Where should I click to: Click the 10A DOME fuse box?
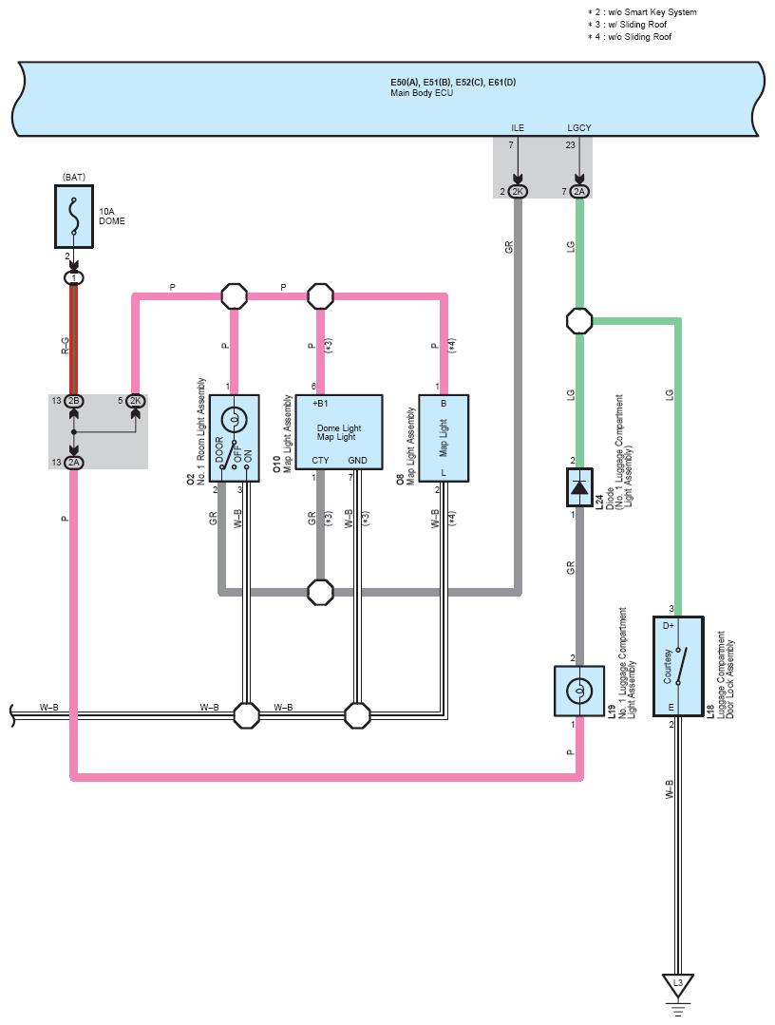(x=74, y=217)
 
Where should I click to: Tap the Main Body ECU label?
(x=422, y=93)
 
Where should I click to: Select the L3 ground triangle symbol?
(x=677, y=986)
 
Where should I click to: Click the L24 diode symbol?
(x=579, y=487)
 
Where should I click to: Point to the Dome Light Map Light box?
(x=339, y=432)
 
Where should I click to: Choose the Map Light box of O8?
(x=444, y=438)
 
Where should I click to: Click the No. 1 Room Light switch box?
(x=234, y=438)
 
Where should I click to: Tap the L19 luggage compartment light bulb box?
(x=579, y=691)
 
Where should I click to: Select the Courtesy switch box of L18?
(x=678, y=666)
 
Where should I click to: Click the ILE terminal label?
(x=518, y=127)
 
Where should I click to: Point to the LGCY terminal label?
(x=579, y=127)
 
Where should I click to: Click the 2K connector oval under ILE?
(x=518, y=192)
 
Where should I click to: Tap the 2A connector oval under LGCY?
(x=579, y=192)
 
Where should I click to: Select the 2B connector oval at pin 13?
(x=74, y=401)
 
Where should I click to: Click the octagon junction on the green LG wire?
(x=579, y=321)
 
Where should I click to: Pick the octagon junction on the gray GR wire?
(x=320, y=592)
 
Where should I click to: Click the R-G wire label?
(x=65, y=346)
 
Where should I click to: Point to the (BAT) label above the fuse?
(x=74, y=177)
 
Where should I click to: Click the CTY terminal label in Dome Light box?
(x=320, y=460)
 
